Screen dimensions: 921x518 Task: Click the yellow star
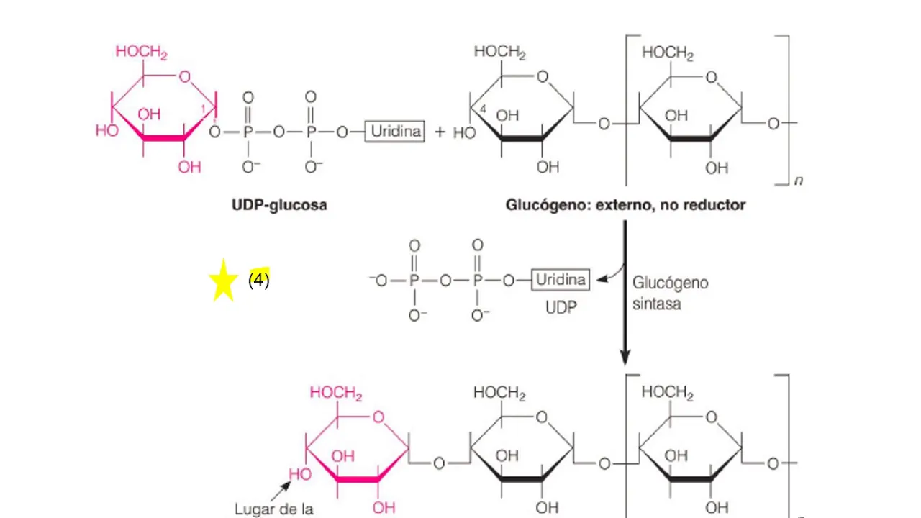tap(223, 281)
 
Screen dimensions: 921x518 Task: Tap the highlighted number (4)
tap(258, 280)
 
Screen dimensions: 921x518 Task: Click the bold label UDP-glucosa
tap(279, 205)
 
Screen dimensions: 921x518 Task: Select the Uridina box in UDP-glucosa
tap(395, 132)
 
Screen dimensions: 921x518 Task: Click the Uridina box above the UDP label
tap(561, 280)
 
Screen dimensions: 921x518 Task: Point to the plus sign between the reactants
tap(440, 132)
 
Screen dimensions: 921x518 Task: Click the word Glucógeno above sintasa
tap(670, 283)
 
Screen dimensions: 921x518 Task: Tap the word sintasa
tap(657, 304)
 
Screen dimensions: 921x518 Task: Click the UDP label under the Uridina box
tap(561, 307)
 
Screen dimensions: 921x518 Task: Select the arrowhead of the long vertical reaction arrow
tap(625, 358)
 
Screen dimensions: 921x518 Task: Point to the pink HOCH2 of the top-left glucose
tap(142, 53)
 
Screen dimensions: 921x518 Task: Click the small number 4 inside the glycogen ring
tap(483, 109)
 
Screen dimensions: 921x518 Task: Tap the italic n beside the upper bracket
tap(799, 181)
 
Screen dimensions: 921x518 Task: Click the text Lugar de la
tap(274, 509)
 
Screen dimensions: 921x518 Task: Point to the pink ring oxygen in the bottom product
tap(378, 417)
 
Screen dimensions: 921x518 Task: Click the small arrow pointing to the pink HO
tap(281, 491)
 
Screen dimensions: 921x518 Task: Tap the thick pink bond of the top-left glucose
tap(163, 137)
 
